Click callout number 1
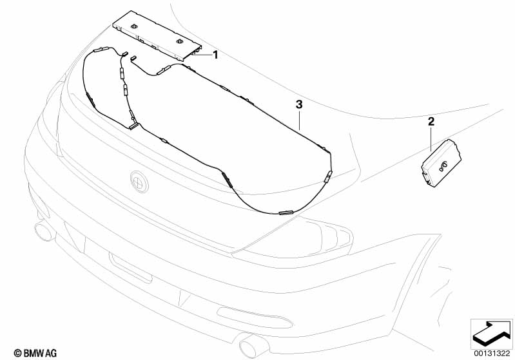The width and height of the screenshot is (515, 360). pyautogui.click(x=215, y=55)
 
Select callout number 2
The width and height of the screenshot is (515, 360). pyautogui.click(x=431, y=122)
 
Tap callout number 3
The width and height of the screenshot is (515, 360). pyautogui.click(x=299, y=105)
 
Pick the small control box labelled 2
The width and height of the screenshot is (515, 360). pyautogui.click(x=442, y=163)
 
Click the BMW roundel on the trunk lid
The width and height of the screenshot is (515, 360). pyautogui.click(x=139, y=181)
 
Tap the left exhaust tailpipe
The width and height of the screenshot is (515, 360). pyautogui.click(x=45, y=231)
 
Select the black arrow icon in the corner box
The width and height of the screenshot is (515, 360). pyautogui.click(x=491, y=334)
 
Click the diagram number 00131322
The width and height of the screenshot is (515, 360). pyautogui.click(x=492, y=354)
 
